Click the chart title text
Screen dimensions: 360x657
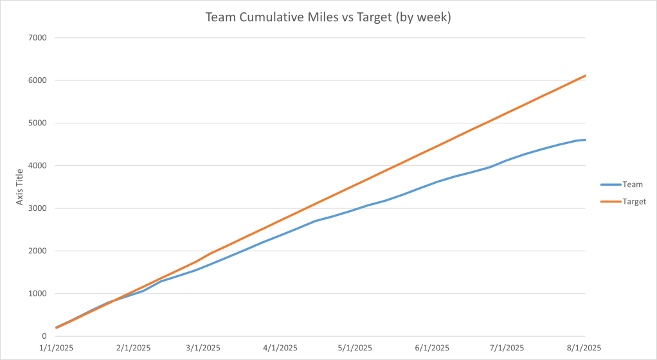(x=328, y=17)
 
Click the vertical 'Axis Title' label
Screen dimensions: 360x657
(x=21, y=187)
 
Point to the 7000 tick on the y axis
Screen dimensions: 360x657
(x=38, y=38)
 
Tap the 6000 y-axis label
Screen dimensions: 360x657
(x=38, y=80)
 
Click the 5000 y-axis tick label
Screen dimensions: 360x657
(x=38, y=123)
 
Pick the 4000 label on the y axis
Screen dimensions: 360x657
(x=38, y=166)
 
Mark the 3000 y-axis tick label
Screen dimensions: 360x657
(x=38, y=208)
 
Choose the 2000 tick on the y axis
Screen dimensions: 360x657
(x=38, y=251)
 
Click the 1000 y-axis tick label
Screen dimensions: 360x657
(x=38, y=294)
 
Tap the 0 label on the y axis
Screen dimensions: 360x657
(x=44, y=336)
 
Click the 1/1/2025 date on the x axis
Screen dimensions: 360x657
(x=57, y=348)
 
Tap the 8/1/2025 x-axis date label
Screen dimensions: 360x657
(x=582, y=348)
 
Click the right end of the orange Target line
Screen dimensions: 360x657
(x=585, y=76)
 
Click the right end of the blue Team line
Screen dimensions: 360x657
(x=585, y=139)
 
